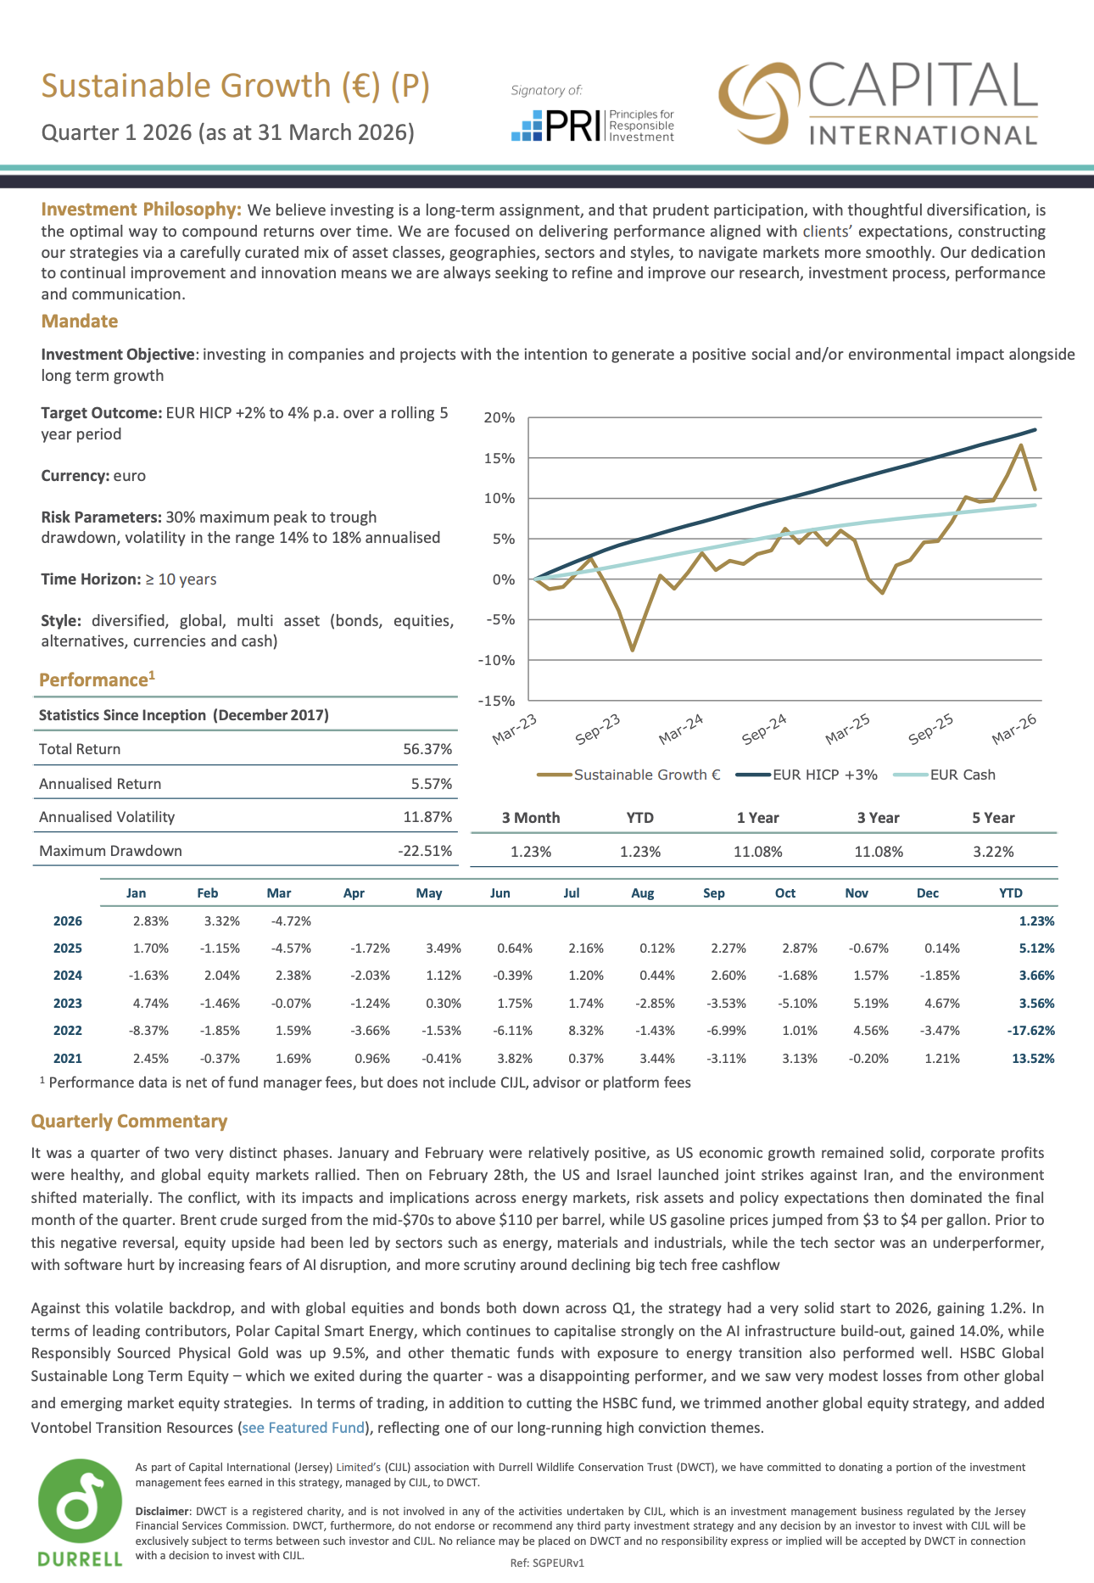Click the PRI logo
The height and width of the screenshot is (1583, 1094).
[x=593, y=125]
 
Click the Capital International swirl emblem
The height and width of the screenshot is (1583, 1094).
[x=760, y=103]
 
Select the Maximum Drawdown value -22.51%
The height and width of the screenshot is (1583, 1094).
[x=425, y=851]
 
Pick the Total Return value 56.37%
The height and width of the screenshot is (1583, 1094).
[x=427, y=749]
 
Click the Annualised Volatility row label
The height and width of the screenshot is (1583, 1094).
[x=107, y=817]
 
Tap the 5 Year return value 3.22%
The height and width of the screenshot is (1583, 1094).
[x=993, y=852]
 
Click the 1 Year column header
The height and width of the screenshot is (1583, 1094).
[x=757, y=818]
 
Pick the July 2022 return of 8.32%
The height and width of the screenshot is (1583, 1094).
[x=586, y=1031]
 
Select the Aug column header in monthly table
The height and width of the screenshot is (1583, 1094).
[x=643, y=893]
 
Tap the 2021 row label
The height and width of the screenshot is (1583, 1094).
[x=68, y=1059]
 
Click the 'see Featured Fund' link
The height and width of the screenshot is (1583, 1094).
[x=304, y=1428]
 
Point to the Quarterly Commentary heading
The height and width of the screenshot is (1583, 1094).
[x=129, y=1122]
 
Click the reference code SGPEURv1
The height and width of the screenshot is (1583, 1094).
[x=560, y=1563]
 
